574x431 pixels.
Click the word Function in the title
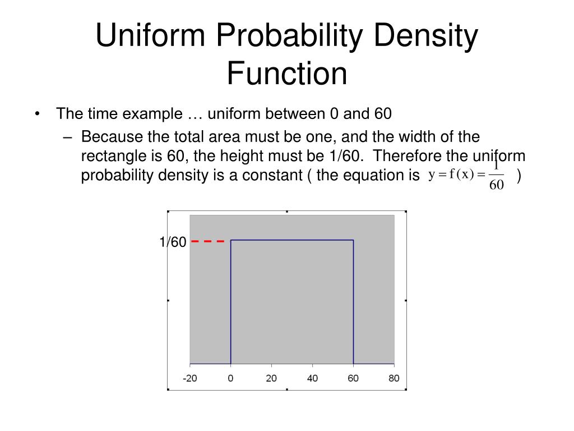[287, 74]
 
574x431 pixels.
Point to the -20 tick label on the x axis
[190, 378]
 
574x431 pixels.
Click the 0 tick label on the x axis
[231, 378]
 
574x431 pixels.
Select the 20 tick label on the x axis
[271, 378]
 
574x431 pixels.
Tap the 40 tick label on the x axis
[312, 378]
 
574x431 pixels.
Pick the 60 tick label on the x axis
[353, 378]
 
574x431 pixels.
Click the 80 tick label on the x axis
[394, 378]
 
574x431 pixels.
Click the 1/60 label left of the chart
[172, 242]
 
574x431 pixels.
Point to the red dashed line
[208, 241]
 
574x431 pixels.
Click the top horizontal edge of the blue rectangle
[292, 240]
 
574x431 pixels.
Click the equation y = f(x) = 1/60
[466, 175]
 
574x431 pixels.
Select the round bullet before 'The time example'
[37, 114]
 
